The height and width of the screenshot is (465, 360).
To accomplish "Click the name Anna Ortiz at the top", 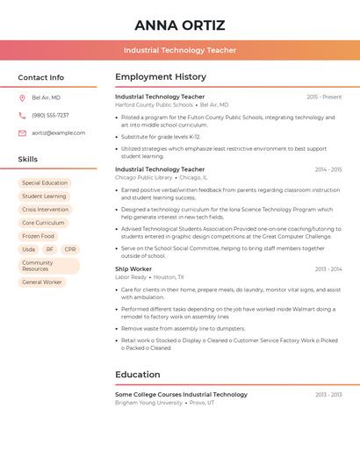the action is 180,25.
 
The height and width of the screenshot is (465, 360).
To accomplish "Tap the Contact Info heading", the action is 40,77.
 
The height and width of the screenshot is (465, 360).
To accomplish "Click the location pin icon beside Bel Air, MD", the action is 22,97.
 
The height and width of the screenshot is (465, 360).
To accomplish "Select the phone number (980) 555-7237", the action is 50,115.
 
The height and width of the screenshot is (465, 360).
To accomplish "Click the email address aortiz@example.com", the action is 58,132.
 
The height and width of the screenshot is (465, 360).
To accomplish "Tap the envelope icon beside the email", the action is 22,132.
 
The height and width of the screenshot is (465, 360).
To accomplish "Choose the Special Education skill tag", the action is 45,183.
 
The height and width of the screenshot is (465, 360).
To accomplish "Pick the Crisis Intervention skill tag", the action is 45,210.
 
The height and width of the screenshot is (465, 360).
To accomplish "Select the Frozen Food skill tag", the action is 38,236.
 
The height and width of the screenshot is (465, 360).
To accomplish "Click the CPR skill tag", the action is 70,249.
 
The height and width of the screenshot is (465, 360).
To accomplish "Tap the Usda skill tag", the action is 29,249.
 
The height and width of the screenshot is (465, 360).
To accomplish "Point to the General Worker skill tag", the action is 42,283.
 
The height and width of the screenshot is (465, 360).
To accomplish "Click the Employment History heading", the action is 161,77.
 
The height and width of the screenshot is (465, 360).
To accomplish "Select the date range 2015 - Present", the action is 324,97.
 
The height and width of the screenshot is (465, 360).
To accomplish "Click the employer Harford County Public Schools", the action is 154,105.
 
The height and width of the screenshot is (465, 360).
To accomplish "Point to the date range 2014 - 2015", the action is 328,169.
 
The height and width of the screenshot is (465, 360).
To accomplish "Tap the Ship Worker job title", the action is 133,268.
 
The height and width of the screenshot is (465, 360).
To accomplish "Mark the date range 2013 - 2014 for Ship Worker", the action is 328,269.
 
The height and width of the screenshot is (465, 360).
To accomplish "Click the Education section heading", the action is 138,375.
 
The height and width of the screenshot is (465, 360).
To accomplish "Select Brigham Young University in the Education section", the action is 149,403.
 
